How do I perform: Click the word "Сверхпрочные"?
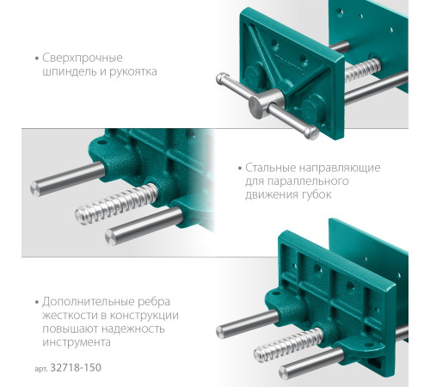point(82,58)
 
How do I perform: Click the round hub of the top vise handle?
point(259,107)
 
